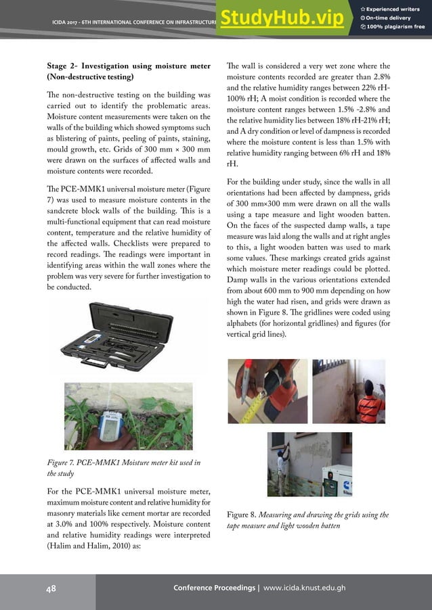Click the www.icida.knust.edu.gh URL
[x=304, y=588]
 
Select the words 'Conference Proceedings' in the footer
[x=215, y=588]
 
